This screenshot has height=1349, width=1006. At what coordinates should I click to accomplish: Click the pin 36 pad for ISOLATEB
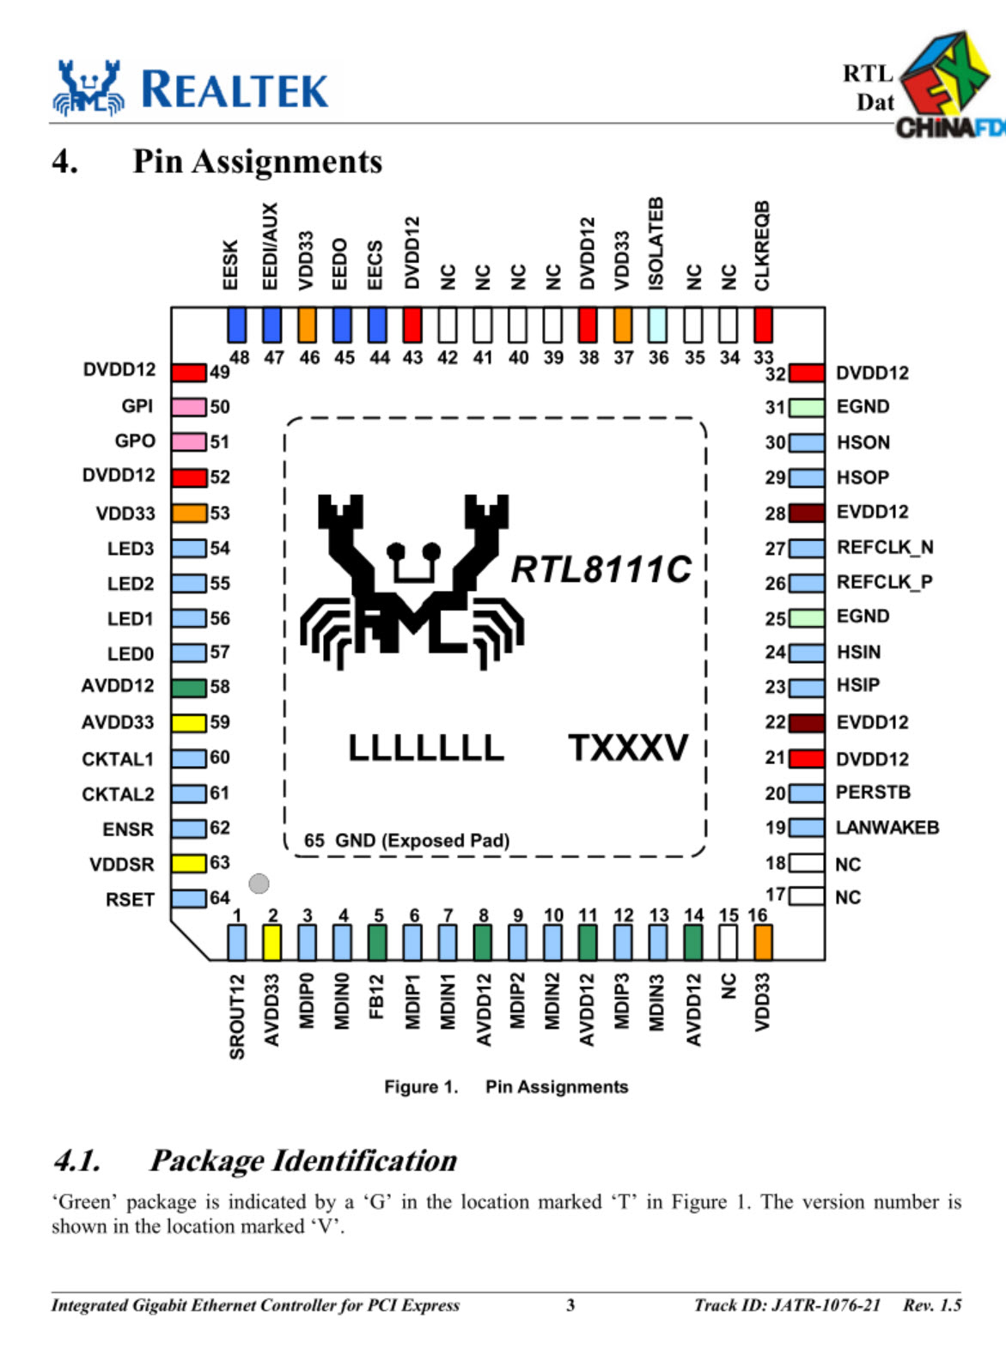click(x=657, y=325)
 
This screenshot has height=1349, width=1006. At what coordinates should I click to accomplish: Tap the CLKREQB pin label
click(x=762, y=246)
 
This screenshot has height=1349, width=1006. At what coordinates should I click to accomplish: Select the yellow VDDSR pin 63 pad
click(x=189, y=863)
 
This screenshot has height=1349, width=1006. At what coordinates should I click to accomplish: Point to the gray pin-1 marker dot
click(x=259, y=883)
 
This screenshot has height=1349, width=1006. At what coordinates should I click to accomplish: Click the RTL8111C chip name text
click(x=601, y=568)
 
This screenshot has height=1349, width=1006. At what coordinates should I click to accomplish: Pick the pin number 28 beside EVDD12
click(x=775, y=513)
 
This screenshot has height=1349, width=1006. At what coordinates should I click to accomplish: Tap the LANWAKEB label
click(x=887, y=828)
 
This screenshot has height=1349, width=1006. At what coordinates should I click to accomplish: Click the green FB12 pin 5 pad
click(x=377, y=942)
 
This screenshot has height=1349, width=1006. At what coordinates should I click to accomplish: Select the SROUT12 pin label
click(x=237, y=1016)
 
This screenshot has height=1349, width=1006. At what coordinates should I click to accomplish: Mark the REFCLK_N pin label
click(x=884, y=547)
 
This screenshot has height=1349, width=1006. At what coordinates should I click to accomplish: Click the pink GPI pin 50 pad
click(x=189, y=406)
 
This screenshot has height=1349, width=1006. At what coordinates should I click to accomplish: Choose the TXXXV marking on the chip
click(x=628, y=748)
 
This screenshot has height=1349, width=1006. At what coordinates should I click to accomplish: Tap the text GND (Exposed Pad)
click(x=421, y=840)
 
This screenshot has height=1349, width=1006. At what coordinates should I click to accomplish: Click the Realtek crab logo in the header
click(x=88, y=88)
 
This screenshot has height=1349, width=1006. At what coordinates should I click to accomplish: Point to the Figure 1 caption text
click(x=505, y=1086)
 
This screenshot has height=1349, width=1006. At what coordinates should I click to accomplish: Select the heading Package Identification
click(x=302, y=1160)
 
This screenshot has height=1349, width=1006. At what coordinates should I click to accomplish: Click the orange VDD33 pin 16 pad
click(x=762, y=942)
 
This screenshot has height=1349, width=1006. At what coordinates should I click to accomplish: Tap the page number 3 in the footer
click(x=570, y=1305)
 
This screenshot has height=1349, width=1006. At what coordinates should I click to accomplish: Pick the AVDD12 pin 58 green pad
click(x=189, y=687)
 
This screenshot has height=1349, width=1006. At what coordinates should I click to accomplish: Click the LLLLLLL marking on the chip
click(x=426, y=748)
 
